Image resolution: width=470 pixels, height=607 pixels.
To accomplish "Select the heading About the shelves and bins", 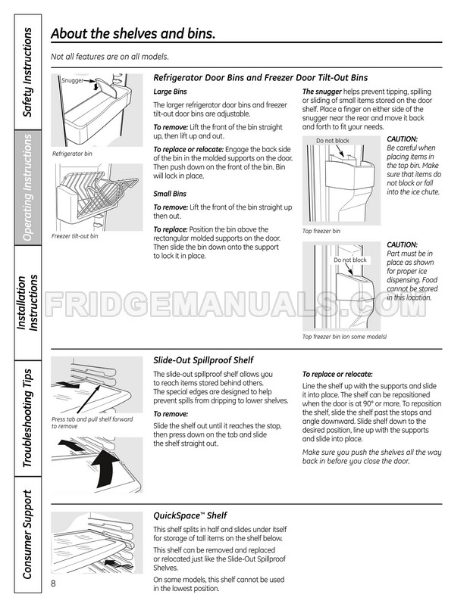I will (132, 34).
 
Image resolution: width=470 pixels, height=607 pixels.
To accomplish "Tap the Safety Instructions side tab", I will (27, 73).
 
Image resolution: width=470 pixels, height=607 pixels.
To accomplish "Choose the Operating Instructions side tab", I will (27, 188).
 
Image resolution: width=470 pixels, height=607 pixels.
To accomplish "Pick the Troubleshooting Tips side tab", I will (27, 419).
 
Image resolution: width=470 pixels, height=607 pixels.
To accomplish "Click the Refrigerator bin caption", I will (72, 154).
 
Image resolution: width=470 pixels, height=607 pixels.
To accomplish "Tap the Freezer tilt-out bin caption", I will (75, 235).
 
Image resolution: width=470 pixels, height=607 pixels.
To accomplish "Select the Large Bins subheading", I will (170, 91).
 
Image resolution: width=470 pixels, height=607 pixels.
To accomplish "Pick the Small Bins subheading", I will (170, 195).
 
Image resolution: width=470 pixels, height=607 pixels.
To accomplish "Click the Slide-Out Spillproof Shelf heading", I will (203, 360).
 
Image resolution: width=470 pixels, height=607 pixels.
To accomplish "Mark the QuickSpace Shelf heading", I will (190, 515).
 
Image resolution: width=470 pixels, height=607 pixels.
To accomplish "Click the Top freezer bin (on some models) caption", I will (345, 336).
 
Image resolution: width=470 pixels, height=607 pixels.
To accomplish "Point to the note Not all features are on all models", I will (109, 57).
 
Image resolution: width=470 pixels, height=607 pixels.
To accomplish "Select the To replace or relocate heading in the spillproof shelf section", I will (337, 374).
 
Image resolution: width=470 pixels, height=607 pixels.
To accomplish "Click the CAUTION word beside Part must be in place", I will (402, 244).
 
